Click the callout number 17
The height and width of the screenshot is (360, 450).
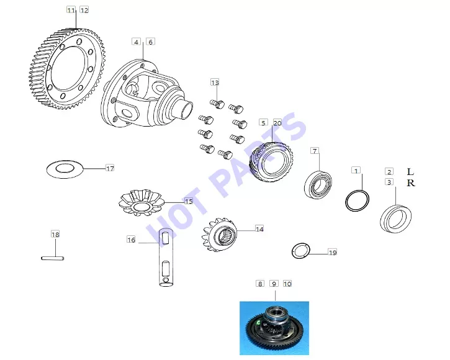[x=110, y=168]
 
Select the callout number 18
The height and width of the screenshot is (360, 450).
[x=55, y=234]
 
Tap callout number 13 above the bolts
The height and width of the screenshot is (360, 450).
[x=215, y=83]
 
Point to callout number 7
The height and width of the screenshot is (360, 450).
[x=315, y=151]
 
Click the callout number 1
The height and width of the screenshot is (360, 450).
[x=356, y=171]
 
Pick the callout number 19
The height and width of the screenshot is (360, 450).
[x=332, y=253]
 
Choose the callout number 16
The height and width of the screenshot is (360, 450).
[x=131, y=240]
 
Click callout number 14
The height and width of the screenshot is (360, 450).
[x=259, y=229]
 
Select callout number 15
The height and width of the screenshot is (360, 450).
[x=189, y=201]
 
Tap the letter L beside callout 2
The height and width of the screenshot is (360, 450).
[x=410, y=172]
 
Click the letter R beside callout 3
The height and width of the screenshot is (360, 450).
[x=411, y=182]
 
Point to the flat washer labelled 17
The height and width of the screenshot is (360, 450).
[x=65, y=169]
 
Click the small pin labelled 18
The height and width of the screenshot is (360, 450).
[x=53, y=258]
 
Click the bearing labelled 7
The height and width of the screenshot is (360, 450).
[x=318, y=184]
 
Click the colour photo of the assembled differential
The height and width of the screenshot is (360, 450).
[x=274, y=328]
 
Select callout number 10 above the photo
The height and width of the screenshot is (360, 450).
[x=287, y=284]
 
